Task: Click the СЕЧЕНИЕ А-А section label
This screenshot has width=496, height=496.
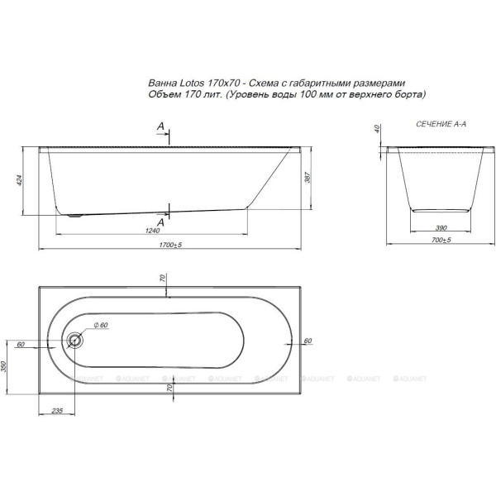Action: pyautogui.click(x=436, y=122)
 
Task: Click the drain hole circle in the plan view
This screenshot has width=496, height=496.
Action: pyautogui.click(x=77, y=338)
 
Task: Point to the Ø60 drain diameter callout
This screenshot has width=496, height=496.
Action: pyautogui.click(x=101, y=325)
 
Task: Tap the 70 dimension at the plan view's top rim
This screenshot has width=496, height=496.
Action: pyautogui.click(x=164, y=279)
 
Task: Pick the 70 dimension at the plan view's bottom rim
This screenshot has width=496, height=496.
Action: pyautogui.click(x=169, y=387)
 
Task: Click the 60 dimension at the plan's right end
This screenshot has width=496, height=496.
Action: pyautogui.click(x=307, y=341)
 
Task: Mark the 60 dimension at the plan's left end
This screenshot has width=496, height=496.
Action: pyautogui.click(x=19, y=343)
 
